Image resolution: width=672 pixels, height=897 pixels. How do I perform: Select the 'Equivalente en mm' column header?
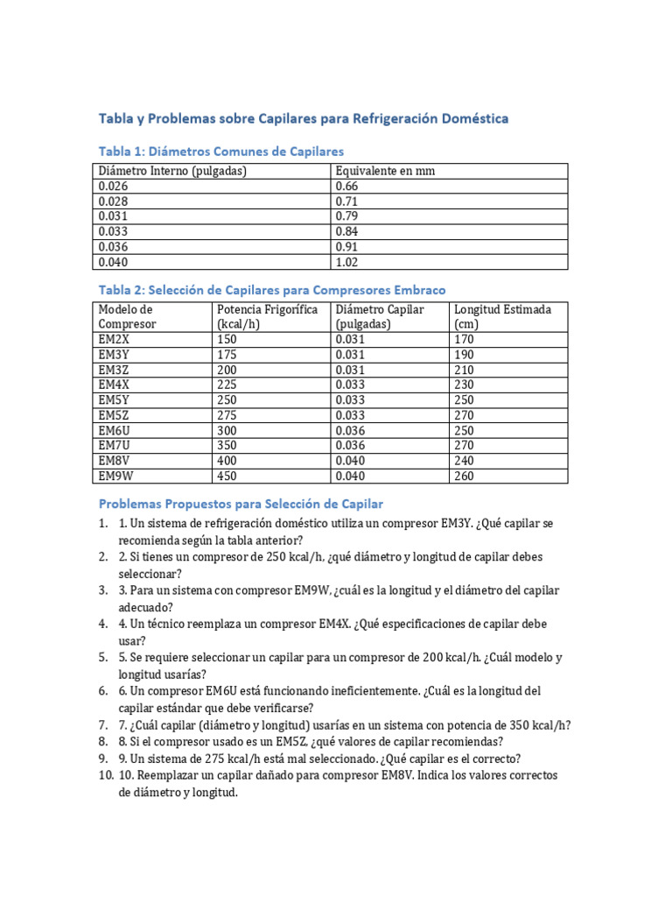click(385, 171)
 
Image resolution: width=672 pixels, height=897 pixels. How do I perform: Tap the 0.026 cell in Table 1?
click(113, 186)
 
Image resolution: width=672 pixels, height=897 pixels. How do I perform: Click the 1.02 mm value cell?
click(347, 261)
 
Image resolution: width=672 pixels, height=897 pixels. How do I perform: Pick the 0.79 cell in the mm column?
click(347, 216)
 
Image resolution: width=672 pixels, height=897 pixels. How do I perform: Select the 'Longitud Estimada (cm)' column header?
click(503, 317)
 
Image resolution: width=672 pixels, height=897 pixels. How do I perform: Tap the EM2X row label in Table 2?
click(115, 339)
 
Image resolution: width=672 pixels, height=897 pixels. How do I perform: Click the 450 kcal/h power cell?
click(227, 476)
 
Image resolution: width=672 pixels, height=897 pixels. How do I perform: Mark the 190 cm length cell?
click(464, 355)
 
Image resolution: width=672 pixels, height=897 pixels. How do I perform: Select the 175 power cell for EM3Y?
click(227, 355)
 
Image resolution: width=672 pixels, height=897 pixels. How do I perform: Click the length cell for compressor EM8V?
click(464, 461)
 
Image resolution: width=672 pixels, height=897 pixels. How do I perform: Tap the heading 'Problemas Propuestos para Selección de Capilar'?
click(241, 504)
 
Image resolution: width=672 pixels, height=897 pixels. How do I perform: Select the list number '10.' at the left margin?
click(106, 776)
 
